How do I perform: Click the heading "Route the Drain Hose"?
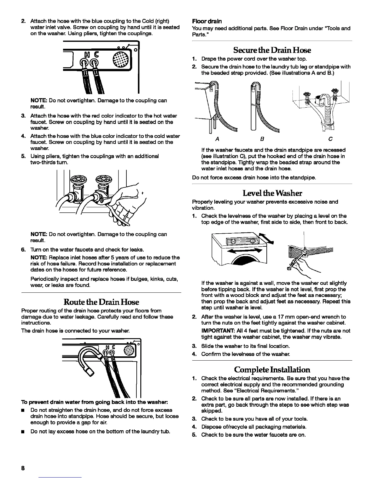pyautogui.click(x=101, y=302)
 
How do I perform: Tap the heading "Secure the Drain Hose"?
pyautogui.click(x=272, y=50)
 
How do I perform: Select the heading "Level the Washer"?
pyautogui.click(x=272, y=193)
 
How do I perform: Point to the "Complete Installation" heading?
pyautogui.click(x=272, y=370)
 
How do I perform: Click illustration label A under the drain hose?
pyautogui.click(x=217, y=139)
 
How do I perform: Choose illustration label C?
pyautogui.click(x=330, y=139)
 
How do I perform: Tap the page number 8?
pyautogui.click(x=23, y=468)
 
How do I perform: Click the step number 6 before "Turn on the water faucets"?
pyautogui.click(x=23, y=250)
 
